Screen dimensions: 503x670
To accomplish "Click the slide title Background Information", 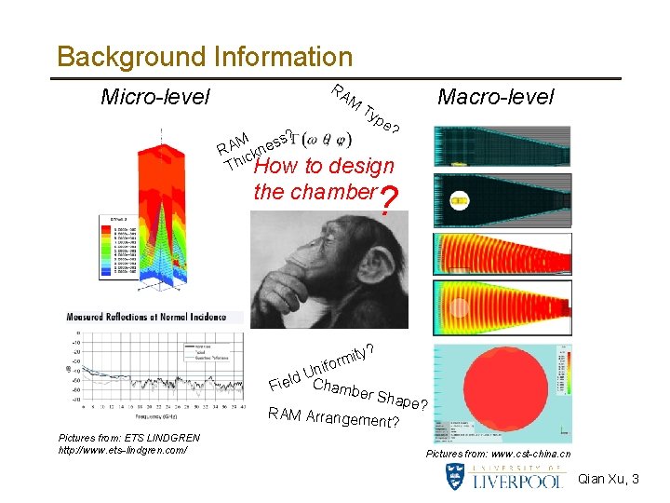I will pyautogui.click(x=205, y=57).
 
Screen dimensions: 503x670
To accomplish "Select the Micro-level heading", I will pyautogui.click(x=155, y=96).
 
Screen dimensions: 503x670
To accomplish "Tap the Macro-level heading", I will pyautogui.click(x=495, y=96).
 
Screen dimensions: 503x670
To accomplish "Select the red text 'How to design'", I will pyautogui.click(x=324, y=167).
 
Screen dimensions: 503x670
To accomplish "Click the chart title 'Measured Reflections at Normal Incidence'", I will pyautogui.click(x=154, y=317).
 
